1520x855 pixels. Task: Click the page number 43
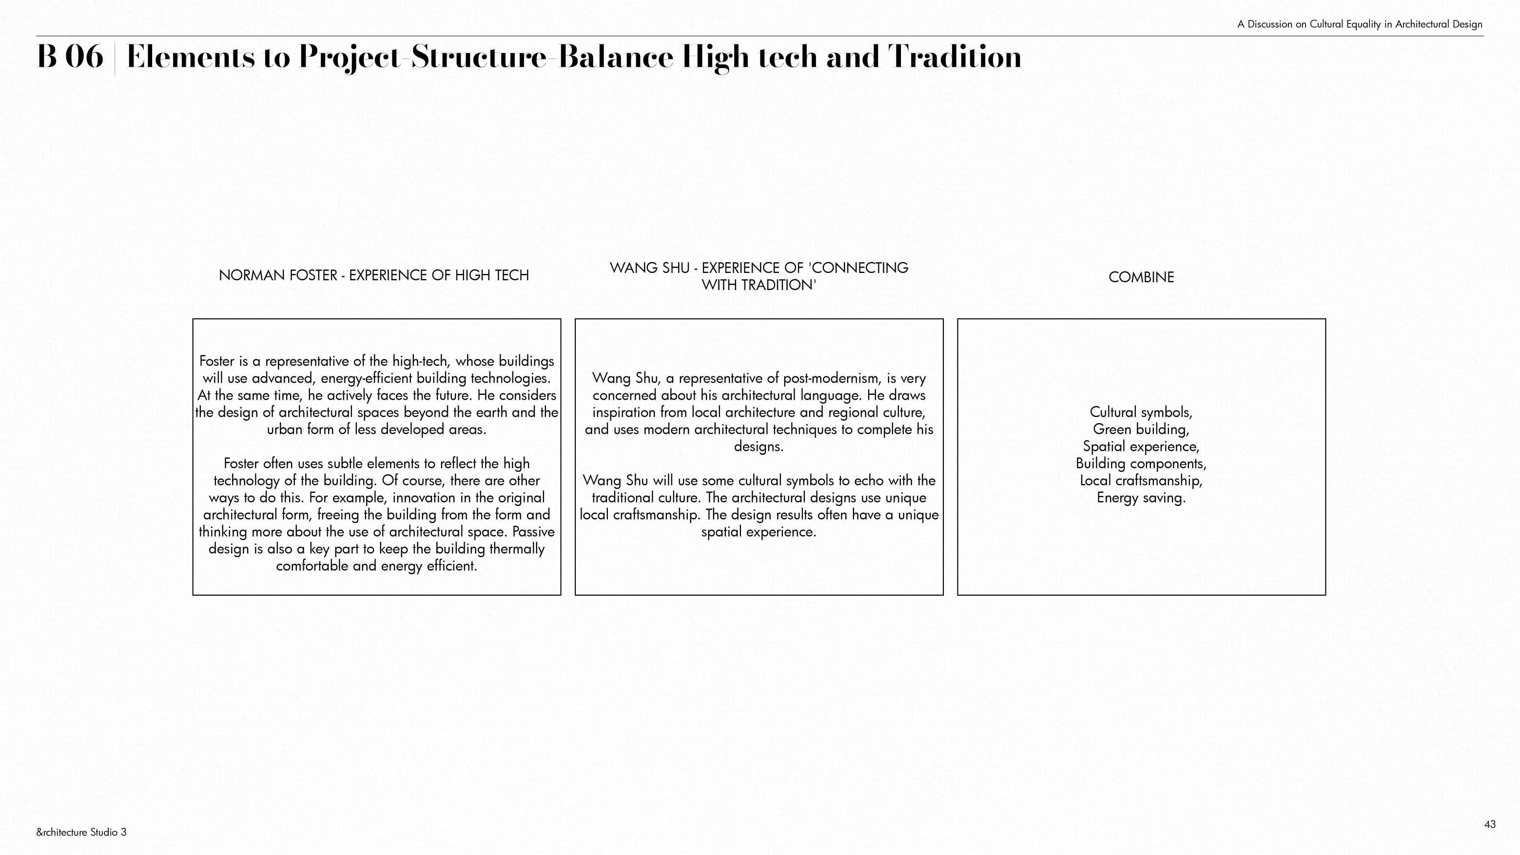pyautogui.click(x=1489, y=824)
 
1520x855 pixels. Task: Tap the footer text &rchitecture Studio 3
pyautogui.click(x=81, y=833)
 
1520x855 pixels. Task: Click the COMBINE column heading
pyautogui.click(x=1141, y=277)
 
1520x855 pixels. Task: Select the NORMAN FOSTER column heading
pyautogui.click(x=373, y=275)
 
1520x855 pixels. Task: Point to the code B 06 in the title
pyautogui.click(x=70, y=57)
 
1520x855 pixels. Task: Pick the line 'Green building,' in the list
pyautogui.click(x=1141, y=429)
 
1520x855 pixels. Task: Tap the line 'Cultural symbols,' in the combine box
pyautogui.click(x=1141, y=412)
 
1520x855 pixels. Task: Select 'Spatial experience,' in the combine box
pyautogui.click(x=1141, y=447)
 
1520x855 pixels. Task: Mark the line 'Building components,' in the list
pyautogui.click(x=1141, y=464)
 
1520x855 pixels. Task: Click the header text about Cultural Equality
pyautogui.click(x=1360, y=24)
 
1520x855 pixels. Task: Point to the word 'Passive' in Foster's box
pyautogui.click(x=533, y=532)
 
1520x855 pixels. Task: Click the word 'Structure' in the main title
pyautogui.click(x=479, y=57)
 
